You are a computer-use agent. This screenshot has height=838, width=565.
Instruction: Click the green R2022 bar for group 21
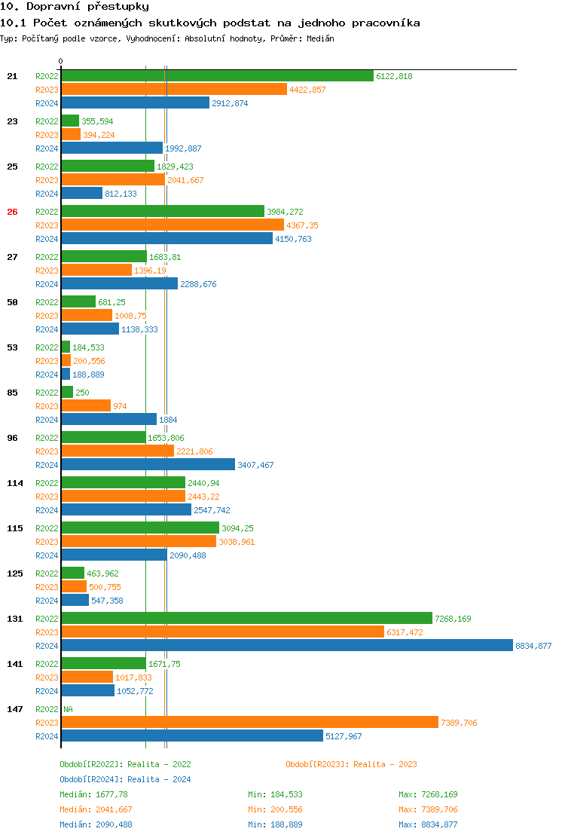[x=217, y=76]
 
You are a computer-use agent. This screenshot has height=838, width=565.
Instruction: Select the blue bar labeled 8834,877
[x=287, y=646]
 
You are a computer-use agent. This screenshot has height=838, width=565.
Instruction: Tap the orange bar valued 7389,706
[x=249, y=723]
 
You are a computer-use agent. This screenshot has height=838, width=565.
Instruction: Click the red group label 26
[x=12, y=212]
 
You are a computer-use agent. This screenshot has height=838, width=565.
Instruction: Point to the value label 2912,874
[x=230, y=103]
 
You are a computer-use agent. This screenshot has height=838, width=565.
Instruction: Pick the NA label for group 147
[x=68, y=709]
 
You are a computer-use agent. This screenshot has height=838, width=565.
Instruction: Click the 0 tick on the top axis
[x=61, y=62]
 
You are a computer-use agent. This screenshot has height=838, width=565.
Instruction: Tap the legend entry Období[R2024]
[x=91, y=779]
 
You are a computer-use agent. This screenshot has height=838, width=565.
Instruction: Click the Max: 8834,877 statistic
[x=428, y=824]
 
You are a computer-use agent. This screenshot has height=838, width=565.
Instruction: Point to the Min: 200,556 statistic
[x=275, y=809]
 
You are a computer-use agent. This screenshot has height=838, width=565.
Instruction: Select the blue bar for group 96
[x=148, y=465]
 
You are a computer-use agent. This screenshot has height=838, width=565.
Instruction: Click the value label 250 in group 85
[x=82, y=393]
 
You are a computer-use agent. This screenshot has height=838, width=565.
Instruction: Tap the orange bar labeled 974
[x=86, y=406]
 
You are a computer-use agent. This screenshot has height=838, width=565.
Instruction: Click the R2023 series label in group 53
[x=47, y=361]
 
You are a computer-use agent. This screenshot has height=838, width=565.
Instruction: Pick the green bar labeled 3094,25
[x=140, y=528]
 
